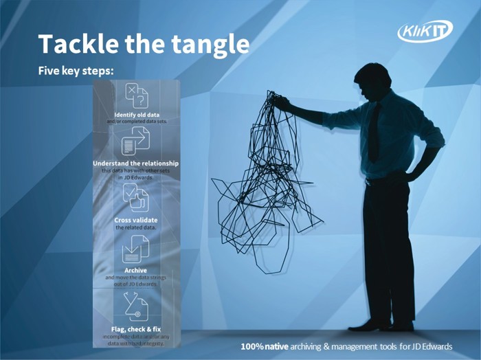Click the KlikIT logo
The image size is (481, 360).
tap(425, 31)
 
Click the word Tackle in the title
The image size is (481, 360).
tap(76, 44)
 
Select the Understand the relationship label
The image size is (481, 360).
tap(136, 163)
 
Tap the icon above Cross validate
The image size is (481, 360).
tap(135, 197)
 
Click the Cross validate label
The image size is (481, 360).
tap(136, 219)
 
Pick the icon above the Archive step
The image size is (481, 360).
tap(135, 248)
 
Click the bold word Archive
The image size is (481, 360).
tap(136, 270)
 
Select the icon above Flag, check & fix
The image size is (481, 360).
tap(135, 306)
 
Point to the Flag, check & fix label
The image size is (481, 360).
tap(136, 328)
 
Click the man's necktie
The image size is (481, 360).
tap(374, 131)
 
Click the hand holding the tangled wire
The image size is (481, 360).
tap(280, 103)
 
